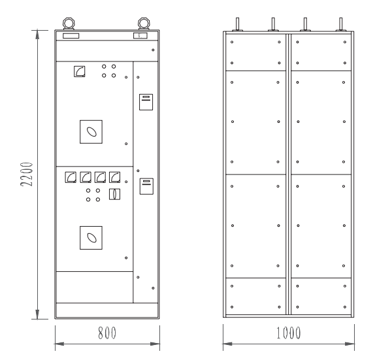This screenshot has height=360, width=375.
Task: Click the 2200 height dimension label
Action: [27, 174]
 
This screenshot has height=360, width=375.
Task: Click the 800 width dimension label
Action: [107, 333]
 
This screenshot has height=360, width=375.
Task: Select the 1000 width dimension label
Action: [288, 333]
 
